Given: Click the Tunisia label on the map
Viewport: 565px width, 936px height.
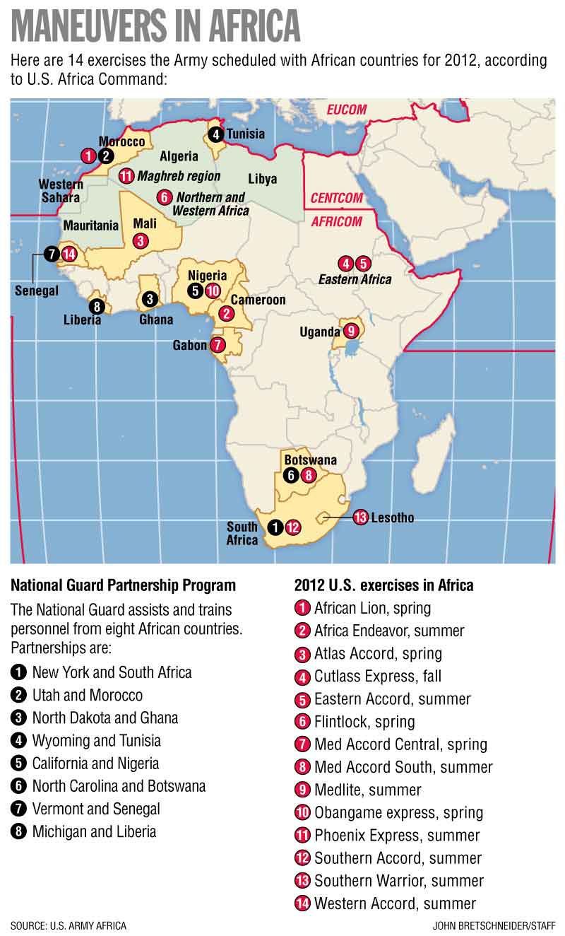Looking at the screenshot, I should coord(245,134).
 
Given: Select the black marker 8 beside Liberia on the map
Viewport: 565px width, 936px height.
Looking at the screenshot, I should coord(96,306).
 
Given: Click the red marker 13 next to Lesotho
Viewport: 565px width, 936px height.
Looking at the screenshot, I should coord(360,517).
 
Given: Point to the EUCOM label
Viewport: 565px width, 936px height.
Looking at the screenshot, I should coord(346,110).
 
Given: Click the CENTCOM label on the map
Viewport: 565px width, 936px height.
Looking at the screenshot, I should coord(336,198).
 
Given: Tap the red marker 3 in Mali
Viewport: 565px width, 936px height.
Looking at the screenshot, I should coord(141,240).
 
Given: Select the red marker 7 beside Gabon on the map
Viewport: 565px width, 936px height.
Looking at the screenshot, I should coord(218,345).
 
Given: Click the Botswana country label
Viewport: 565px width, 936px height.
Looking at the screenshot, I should coord(310,460).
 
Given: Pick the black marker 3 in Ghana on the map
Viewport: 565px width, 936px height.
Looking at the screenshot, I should coord(149,299).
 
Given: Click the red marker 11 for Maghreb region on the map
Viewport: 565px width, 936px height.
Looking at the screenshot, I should coord(126,176).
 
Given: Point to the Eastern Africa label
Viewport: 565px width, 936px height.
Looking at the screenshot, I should coord(355,279).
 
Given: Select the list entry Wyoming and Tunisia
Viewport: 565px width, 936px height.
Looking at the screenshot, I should coord(96,741).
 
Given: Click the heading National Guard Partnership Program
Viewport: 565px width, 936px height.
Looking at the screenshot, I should coord(123,585).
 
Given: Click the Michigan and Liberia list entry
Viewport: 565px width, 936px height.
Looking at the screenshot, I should coord(94,831).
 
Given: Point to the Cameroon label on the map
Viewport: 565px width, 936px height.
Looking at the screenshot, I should coord(258,300).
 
